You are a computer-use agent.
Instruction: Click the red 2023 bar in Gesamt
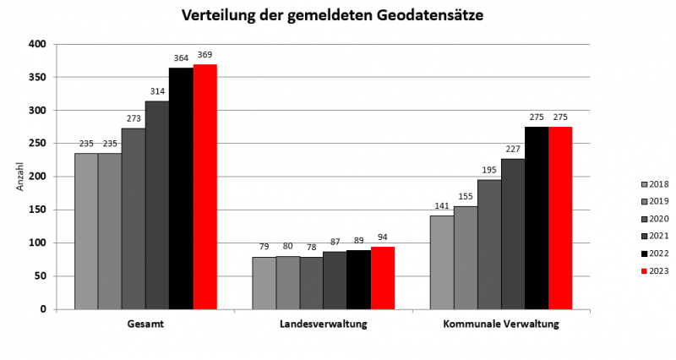[204, 187]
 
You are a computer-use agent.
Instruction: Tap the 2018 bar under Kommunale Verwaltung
[442, 262]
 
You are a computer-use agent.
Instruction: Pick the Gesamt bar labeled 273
[134, 219]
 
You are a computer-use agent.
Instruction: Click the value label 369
[204, 55]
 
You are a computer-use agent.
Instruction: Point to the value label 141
[442, 206]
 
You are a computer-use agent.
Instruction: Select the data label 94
[382, 237]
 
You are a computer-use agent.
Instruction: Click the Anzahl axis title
[21, 177]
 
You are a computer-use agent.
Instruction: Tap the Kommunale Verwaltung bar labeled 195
[489, 244]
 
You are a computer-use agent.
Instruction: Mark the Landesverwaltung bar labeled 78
[311, 283]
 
